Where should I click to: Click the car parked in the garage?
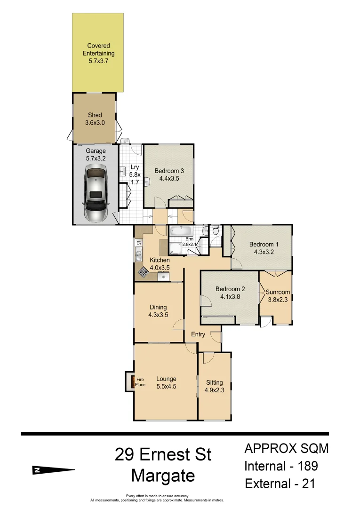(x=96, y=195)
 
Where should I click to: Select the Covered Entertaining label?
(x=98, y=53)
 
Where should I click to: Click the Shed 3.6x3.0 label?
(x=95, y=119)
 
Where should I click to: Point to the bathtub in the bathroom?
(x=180, y=231)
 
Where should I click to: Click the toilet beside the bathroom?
(x=216, y=230)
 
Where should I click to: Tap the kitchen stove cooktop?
(x=143, y=272)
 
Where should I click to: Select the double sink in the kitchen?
(x=139, y=256)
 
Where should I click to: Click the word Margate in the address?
(x=163, y=476)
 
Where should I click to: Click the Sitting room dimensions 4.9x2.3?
(x=214, y=390)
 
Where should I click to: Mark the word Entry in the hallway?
(x=198, y=334)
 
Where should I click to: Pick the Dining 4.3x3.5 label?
(x=158, y=310)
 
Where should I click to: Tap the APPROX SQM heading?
(x=286, y=448)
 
